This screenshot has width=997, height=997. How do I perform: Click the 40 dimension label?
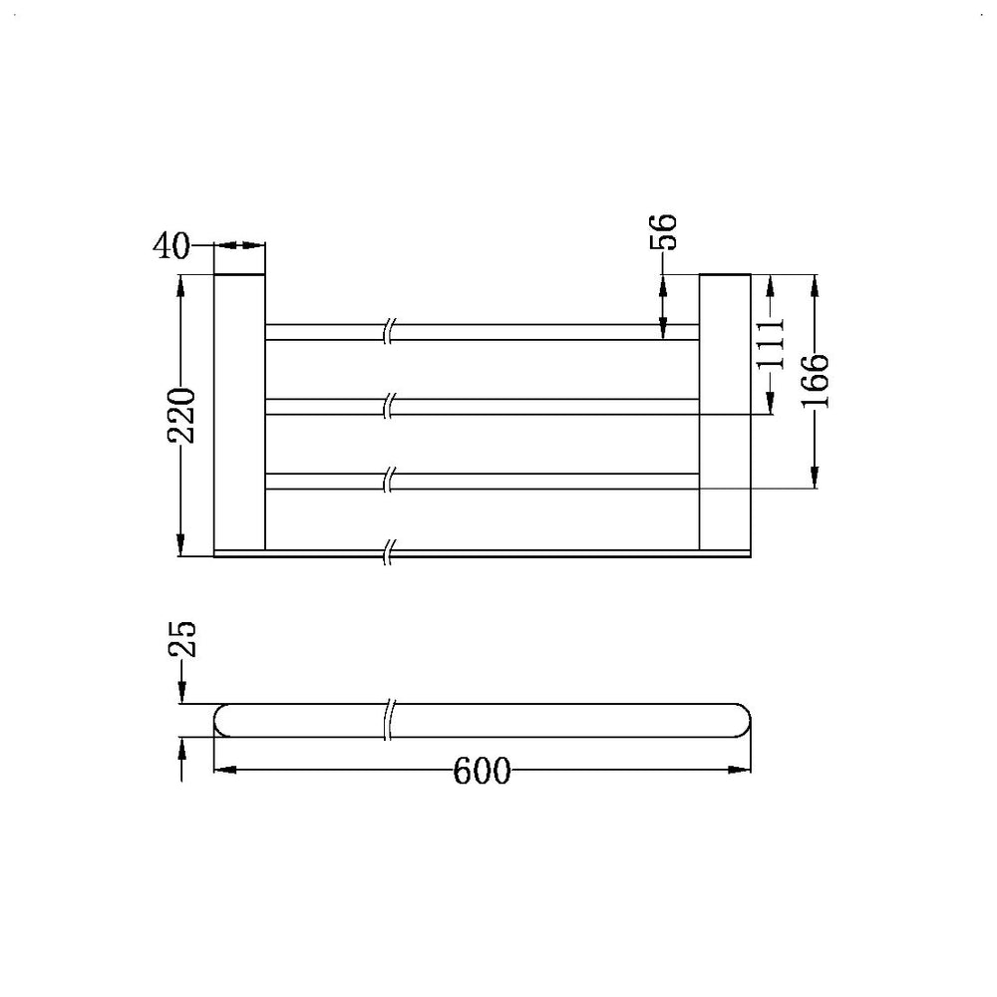tap(171, 245)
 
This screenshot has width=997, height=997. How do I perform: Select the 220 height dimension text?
tap(180, 414)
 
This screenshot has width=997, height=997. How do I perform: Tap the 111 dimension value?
tap(771, 344)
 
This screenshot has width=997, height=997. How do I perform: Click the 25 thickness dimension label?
tap(182, 638)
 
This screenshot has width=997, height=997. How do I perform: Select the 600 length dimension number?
tap(482, 771)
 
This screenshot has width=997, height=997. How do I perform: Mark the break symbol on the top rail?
tap(390, 332)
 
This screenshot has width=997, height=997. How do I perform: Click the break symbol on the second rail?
tap(390, 406)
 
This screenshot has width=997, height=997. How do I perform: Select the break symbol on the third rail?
tap(390, 480)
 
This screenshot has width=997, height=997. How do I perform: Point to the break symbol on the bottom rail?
tap(390, 551)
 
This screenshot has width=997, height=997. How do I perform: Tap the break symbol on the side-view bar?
tap(390, 721)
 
